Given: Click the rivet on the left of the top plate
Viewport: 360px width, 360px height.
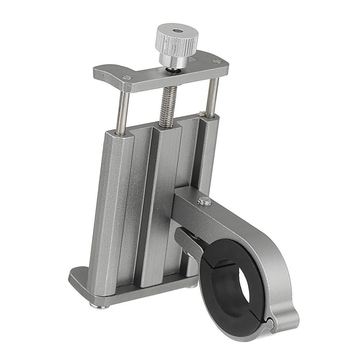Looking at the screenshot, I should tap(125, 77).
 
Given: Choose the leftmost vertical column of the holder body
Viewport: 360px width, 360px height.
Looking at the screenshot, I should tap(108, 216).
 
